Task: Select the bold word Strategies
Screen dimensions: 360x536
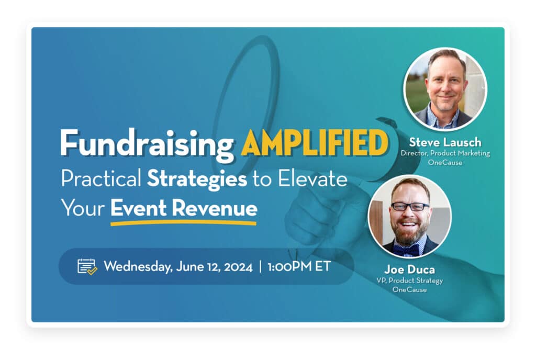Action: click(x=197, y=179)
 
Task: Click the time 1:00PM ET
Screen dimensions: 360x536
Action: click(x=298, y=266)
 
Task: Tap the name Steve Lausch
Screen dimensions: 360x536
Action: click(x=445, y=142)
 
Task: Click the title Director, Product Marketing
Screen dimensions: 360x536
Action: click(x=445, y=153)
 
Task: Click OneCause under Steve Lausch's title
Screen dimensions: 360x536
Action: click(x=445, y=162)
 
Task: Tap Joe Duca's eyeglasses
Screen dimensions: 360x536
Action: click(x=410, y=206)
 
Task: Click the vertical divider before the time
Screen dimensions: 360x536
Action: click(x=260, y=266)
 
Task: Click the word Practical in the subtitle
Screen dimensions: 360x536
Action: click(x=101, y=179)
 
